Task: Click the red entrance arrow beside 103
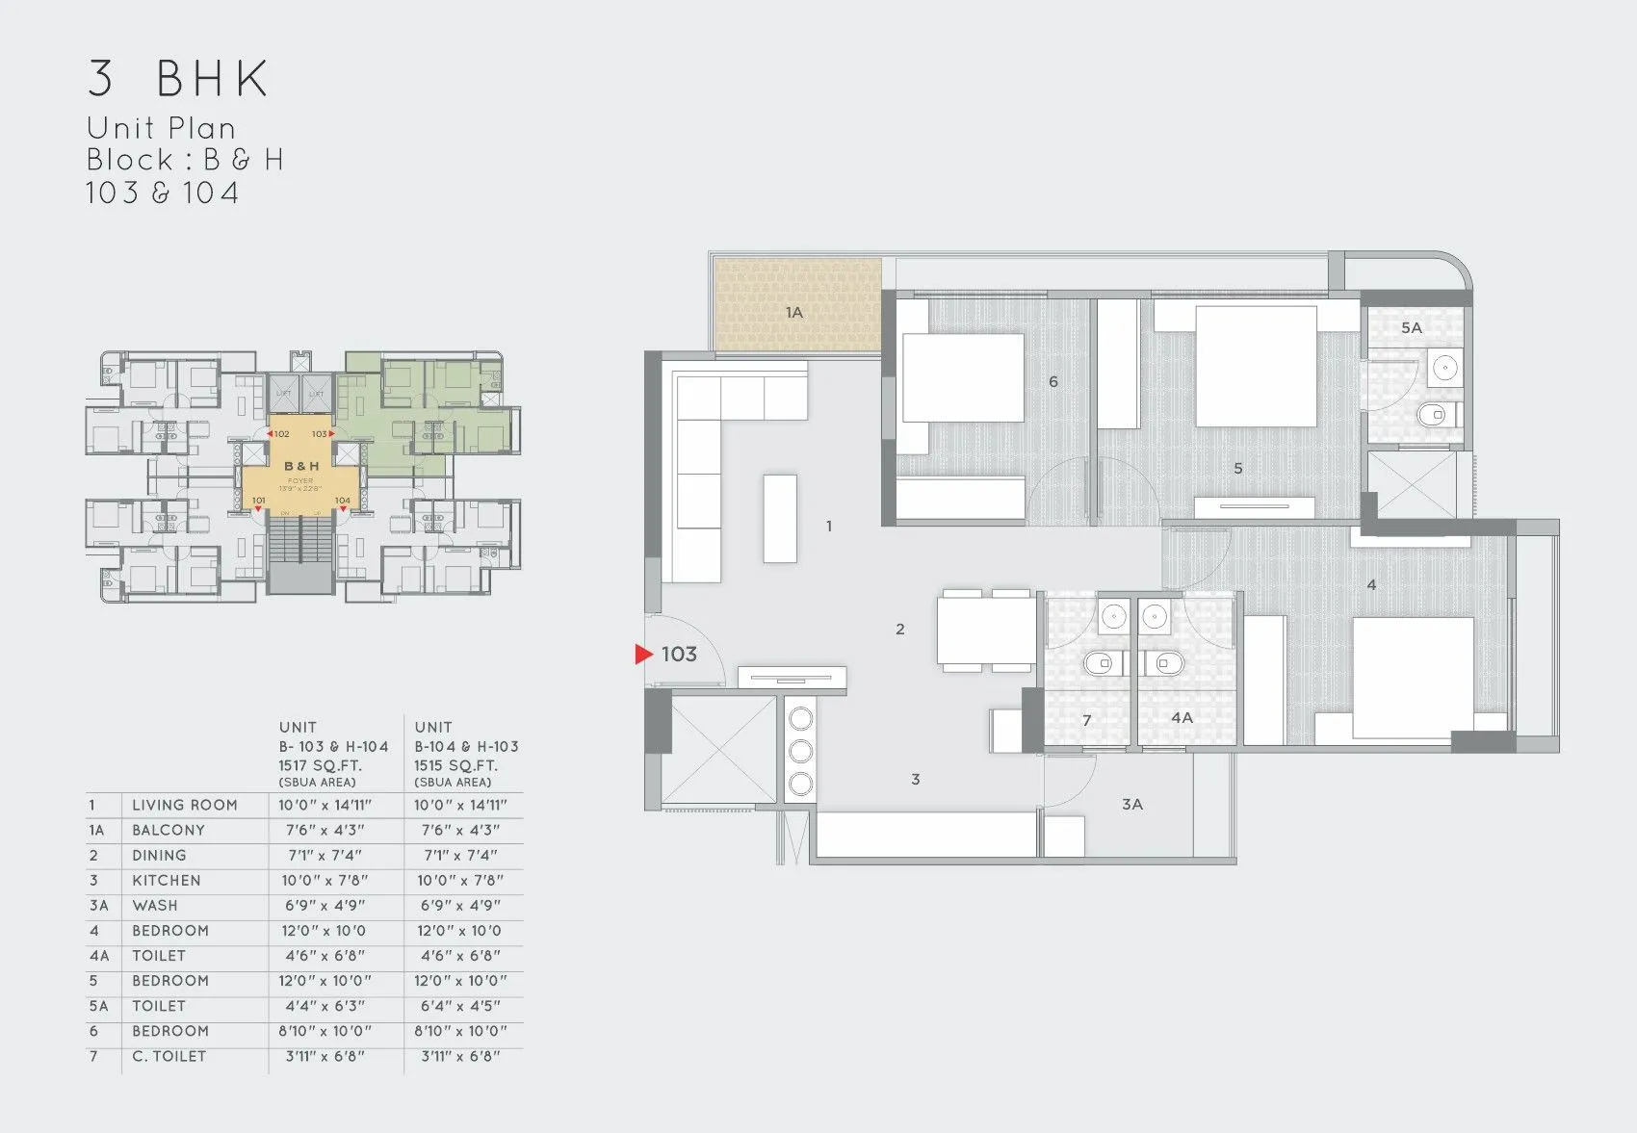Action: (643, 655)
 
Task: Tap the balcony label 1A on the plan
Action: (793, 313)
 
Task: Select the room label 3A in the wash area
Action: (1132, 805)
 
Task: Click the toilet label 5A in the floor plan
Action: (1412, 328)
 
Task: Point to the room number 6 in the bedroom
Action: (1053, 382)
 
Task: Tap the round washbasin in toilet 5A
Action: (1444, 367)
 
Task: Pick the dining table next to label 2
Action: (987, 631)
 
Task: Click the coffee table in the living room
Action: (780, 518)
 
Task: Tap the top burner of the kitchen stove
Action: (800, 718)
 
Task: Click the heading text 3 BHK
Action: (178, 79)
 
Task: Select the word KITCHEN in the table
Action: (167, 881)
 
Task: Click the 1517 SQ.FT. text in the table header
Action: (321, 765)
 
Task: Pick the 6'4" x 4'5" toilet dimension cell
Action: (460, 1006)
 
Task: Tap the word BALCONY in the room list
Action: (169, 831)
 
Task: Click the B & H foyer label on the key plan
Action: (301, 466)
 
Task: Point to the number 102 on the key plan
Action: (281, 434)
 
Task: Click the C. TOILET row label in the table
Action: (169, 1056)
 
